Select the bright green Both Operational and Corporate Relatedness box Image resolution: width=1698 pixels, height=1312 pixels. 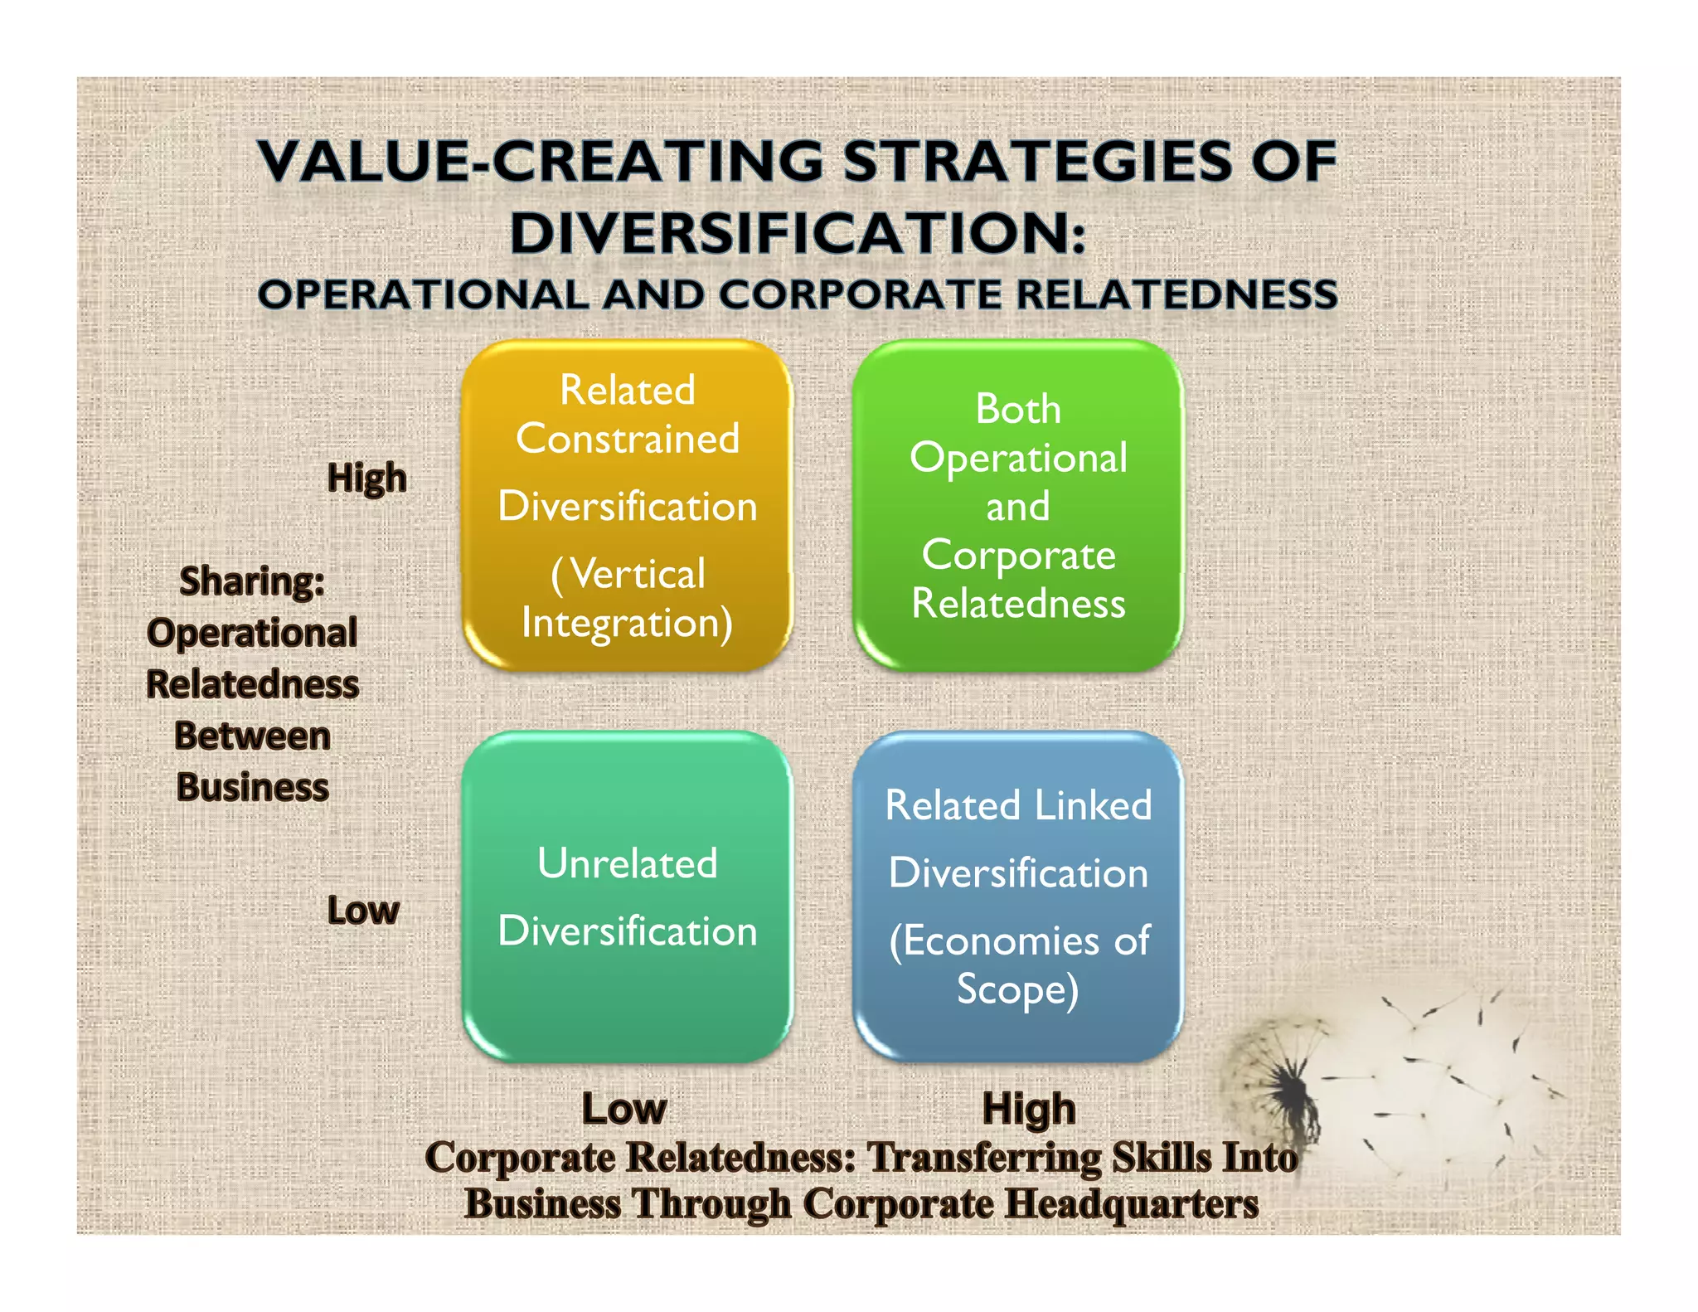1018,505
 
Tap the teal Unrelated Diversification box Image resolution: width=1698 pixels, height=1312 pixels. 627,897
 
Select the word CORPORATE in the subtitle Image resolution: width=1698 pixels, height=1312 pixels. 861,295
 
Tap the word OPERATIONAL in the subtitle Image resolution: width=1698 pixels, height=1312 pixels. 423,295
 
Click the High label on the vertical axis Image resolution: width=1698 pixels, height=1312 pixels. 366,479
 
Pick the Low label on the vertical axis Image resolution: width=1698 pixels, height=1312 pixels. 363,911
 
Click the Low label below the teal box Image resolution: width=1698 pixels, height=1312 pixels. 623,1109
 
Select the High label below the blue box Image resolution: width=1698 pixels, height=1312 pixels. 1029,1109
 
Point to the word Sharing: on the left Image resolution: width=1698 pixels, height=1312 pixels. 252,581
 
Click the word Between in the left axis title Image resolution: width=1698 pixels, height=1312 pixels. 252,736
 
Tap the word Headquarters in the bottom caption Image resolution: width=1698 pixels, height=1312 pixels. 1132,1204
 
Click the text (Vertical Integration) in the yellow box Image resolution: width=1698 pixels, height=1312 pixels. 628,598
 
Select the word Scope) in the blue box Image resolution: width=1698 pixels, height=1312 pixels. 1017,989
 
